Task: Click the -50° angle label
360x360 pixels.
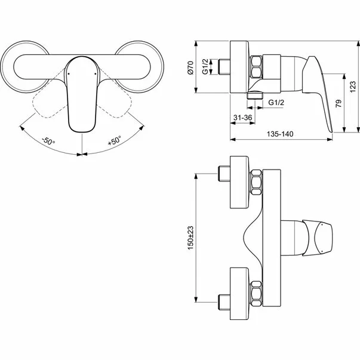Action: pos(48,141)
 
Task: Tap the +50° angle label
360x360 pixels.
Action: pos(114,141)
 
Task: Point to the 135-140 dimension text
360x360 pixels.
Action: pos(279,134)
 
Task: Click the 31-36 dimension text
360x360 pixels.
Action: pos(241,119)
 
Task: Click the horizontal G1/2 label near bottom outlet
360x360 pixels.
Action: pos(276,103)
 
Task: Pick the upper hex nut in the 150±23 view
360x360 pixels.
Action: pos(256,181)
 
